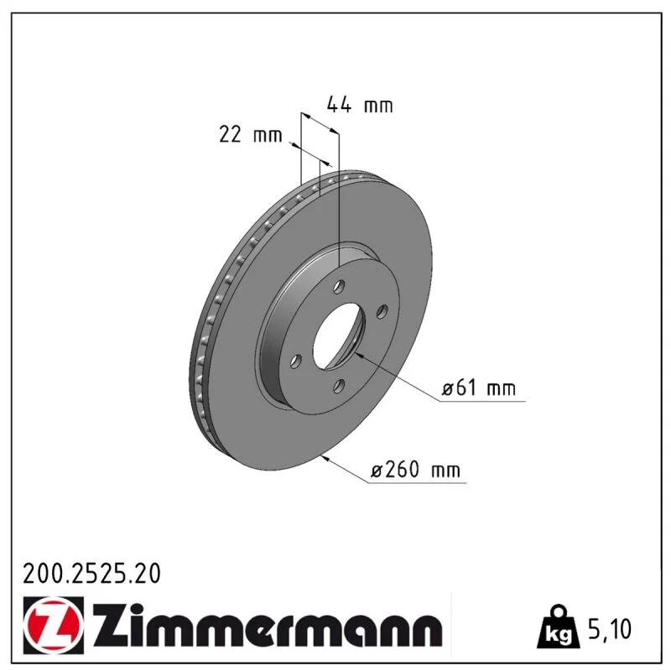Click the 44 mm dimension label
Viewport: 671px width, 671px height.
click(360, 105)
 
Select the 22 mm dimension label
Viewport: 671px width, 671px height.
click(251, 134)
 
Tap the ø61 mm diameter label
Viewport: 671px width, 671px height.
click(478, 388)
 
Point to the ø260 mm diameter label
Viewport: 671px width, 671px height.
click(415, 470)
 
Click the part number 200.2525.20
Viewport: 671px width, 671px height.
click(91, 574)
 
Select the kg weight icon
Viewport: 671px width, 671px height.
click(559, 626)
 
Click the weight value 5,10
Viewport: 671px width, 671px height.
click(610, 628)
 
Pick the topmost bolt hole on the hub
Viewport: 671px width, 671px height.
click(340, 286)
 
